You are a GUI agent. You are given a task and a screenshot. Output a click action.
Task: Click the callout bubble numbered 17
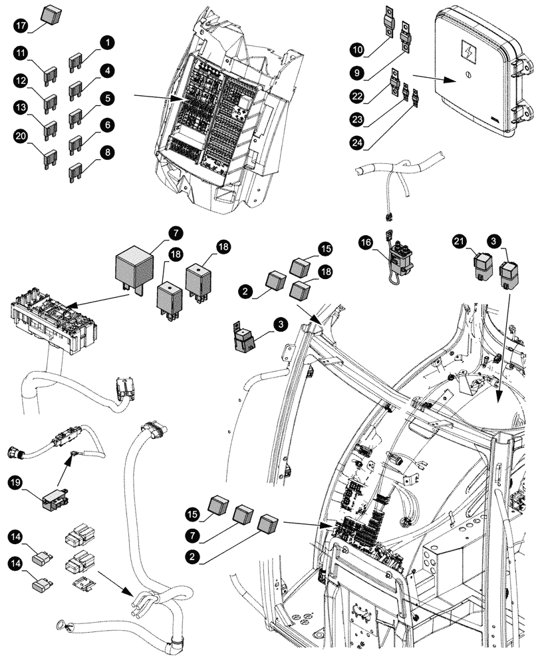coord(21,27)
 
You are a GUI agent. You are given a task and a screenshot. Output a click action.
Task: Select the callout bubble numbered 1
coord(106,43)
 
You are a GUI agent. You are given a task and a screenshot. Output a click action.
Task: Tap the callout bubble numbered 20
coord(21,137)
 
